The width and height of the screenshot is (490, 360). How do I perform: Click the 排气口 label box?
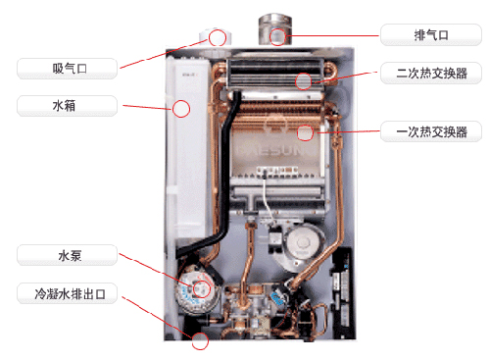pos(431,34)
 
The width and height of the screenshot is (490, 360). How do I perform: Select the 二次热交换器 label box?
pos(431,73)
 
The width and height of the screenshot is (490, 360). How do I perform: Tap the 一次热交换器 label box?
pos(431,131)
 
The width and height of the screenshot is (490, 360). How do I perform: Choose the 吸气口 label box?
pos(67,69)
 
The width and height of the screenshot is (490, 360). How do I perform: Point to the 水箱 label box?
pos(67,106)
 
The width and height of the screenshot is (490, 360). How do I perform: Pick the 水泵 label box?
pos(67,255)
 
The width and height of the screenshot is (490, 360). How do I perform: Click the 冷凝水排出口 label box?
pos(67,293)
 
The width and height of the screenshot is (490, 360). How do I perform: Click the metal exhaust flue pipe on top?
pos(275,29)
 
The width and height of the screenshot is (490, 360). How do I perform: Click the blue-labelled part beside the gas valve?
pos(277,297)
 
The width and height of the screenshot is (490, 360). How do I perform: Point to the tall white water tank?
pos(188,147)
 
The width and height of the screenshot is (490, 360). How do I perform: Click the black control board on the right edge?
pos(341,292)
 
